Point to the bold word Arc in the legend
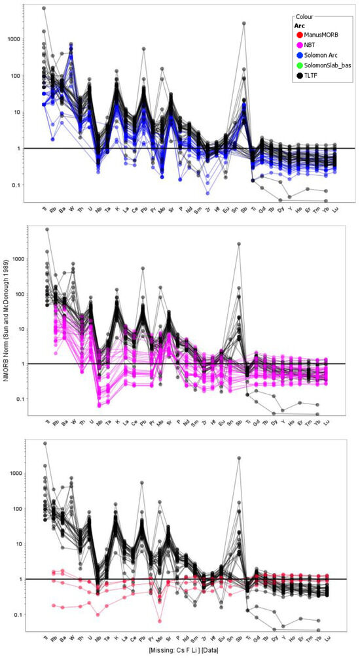(300, 25)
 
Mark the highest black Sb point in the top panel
(244, 23)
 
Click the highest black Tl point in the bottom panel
(45, 443)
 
